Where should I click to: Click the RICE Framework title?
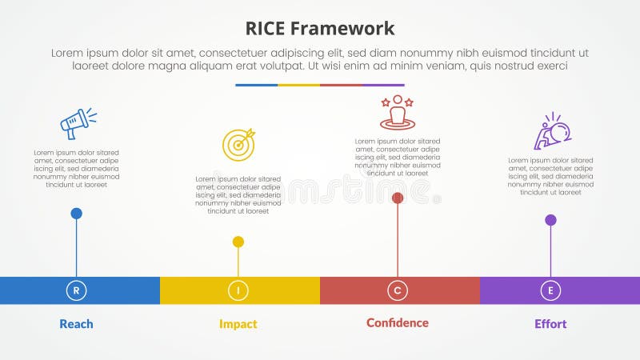click(x=320, y=29)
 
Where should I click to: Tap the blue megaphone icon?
click(x=78, y=123)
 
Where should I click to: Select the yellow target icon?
click(x=238, y=144)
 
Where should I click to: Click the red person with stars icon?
click(x=397, y=113)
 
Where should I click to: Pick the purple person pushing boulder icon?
click(x=551, y=131)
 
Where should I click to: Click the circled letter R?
click(x=76, y=290)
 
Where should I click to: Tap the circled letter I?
click(x=238, y=290)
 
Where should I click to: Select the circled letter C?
click(x=398, y=290)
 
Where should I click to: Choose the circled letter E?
click(x=550, y=290)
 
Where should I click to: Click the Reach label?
click(x=76, y=324)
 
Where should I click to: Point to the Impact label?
click(x=238, y=324)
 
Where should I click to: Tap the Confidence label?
click(x=398, y=323)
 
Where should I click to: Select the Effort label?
click(x=550, y=324)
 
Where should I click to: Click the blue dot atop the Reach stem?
click(x=76, y=214)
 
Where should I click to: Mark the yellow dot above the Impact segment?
click(x=238, y=242)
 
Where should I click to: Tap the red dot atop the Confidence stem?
click(x=398, y=198)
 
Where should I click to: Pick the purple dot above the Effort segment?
click(x=550, y=220)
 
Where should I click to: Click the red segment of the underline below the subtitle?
click(x=341, y=85)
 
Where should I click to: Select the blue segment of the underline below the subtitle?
click(x=256, y=85)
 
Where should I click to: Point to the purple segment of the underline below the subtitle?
click(x=383, y=85)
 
